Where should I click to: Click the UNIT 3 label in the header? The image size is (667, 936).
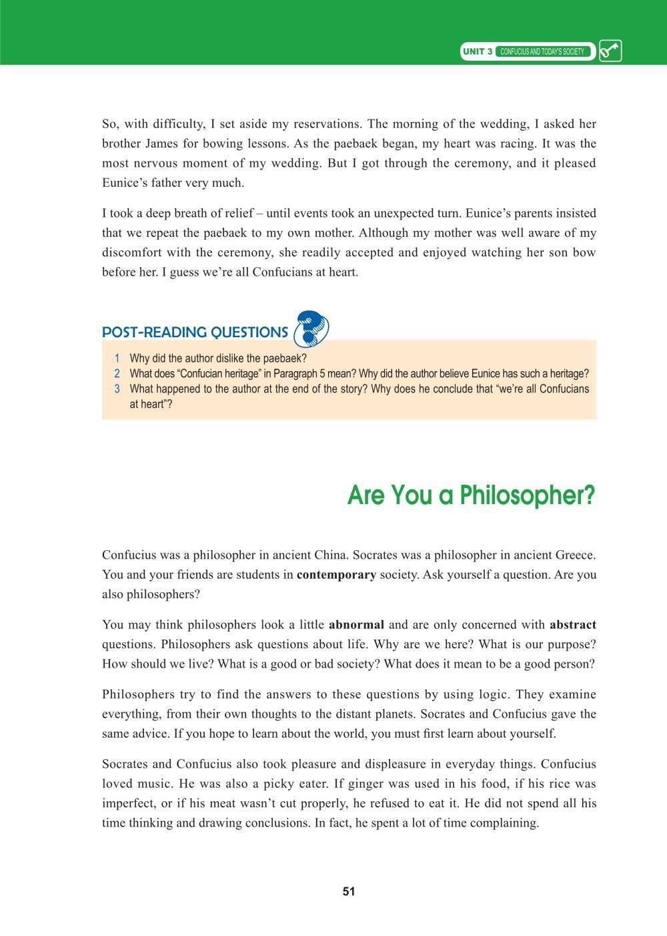tap(478, 51)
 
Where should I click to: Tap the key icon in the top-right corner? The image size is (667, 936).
tap(610, 51)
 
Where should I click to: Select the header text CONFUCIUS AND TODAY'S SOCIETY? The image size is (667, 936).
tap(542, 51)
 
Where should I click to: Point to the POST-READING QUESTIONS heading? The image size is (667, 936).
tap(195, 332)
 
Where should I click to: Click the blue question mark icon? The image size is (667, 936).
tap(312, 328)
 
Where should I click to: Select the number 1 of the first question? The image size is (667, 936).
tap(117, 359)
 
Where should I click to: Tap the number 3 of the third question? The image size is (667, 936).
tap(117, 389)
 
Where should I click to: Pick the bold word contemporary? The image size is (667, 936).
tap(336, 574)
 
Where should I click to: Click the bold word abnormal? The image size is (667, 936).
tap(356, 625)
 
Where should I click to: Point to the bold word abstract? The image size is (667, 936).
tap(573, 625)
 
